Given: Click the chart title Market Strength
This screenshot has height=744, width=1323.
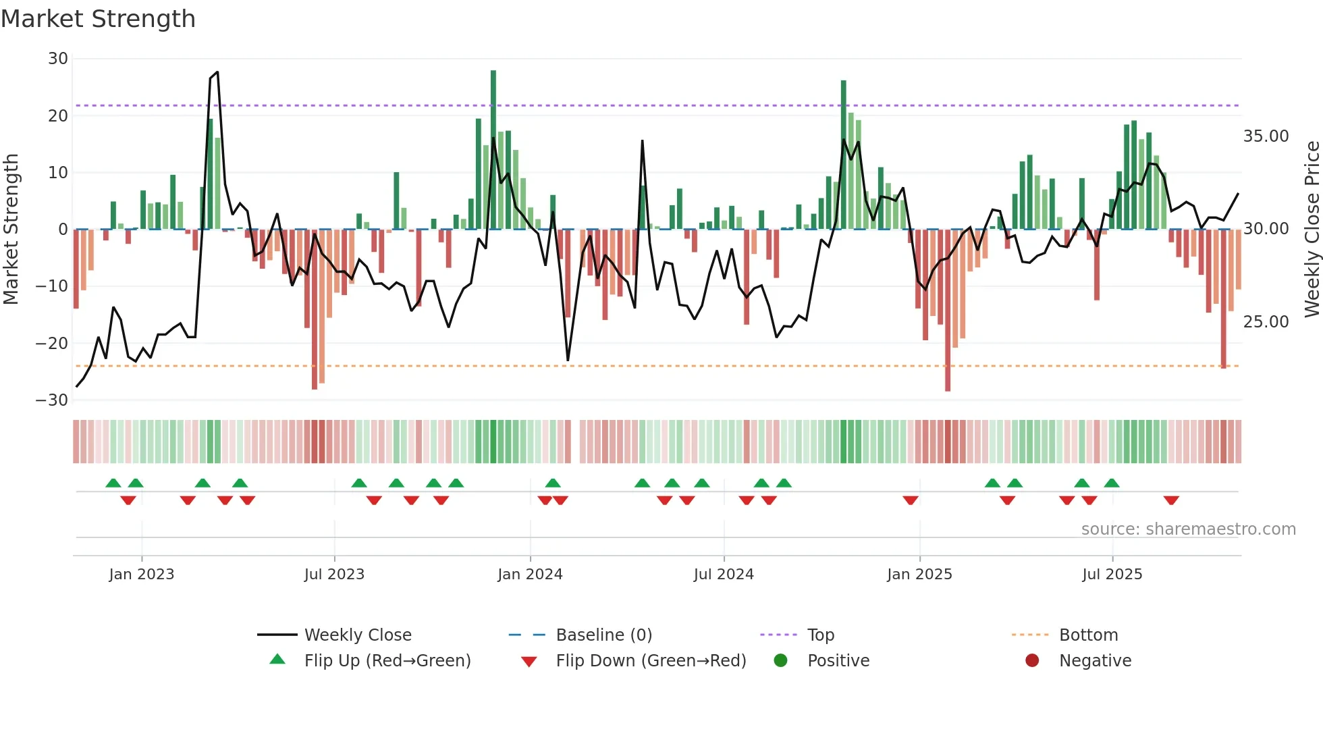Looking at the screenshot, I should point(98,19).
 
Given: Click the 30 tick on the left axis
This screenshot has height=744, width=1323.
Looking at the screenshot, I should point(58,59).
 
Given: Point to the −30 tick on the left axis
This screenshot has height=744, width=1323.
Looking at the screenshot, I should point(52,400).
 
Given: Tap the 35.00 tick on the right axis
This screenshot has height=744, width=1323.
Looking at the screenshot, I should point(1266,136).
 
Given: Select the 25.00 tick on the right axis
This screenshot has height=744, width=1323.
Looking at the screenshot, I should point(1266,322).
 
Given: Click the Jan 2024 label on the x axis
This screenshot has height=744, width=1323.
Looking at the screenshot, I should point(530,575).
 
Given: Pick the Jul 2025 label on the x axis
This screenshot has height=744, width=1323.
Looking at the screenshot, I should point(1112,575).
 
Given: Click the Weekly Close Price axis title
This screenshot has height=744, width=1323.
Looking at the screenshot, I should point(1312,230).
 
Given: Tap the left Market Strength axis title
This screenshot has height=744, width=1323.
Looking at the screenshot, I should point(11,230).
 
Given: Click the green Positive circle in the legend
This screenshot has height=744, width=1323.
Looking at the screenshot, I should point(781,661).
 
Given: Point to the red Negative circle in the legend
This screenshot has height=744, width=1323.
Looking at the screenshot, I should point(1032,661).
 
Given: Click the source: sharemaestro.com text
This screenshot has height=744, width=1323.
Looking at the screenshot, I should point(1188,529).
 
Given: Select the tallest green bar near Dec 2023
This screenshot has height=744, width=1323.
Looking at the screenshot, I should point(493,149).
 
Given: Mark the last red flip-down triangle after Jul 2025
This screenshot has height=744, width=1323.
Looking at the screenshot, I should point(1171,500).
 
